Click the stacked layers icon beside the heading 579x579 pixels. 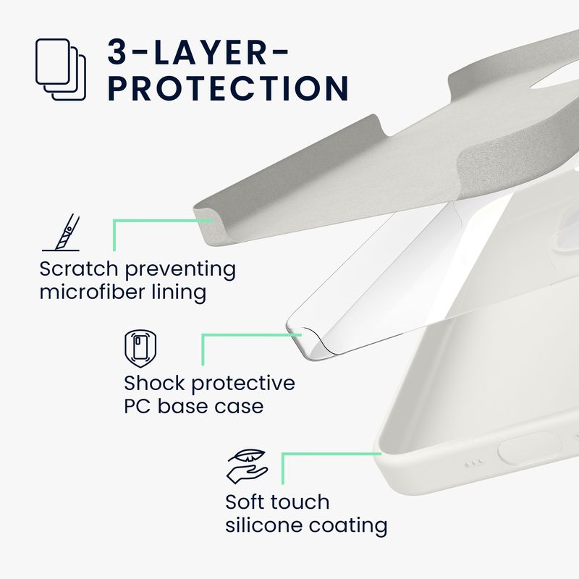[x=61, y=69]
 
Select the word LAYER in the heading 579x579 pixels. [x=210, y=52]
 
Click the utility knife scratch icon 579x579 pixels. [x=62, y=232]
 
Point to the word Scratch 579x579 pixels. [x=79, y=269]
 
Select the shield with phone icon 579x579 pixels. [x=140, y=349]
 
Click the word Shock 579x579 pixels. [x=154, y=383]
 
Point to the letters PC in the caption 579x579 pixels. [x=137, y=406]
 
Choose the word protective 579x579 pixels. [x=243, y=384]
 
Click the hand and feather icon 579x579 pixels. [x=247, y=466]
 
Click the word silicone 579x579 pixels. [x=263, y=525]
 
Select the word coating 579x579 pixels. [x=348, y=526]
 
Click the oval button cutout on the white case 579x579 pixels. [x=530, y=448]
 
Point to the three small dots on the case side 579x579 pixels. [x=475, y=463]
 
